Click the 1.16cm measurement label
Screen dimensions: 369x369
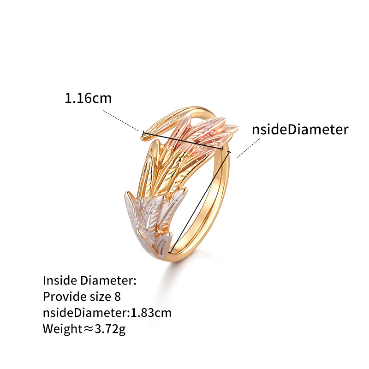(88, 98)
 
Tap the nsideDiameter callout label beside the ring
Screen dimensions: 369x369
(300, 130)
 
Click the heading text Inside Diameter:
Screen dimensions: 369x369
(89, 280)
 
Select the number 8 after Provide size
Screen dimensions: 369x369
(118, 297)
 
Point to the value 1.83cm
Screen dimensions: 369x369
(151, 313)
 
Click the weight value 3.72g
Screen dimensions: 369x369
(110, 329)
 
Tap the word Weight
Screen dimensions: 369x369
(62, 329)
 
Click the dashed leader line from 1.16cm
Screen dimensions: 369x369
(121, 120)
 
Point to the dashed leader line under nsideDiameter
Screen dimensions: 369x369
(248, 148)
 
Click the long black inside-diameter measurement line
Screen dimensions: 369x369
(200, 202)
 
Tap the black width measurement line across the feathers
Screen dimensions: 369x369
(183, 141)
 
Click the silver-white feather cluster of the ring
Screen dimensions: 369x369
(151, 221)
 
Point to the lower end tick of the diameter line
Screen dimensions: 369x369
(170, 252)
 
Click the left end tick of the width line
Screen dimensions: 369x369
(143, 133)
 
